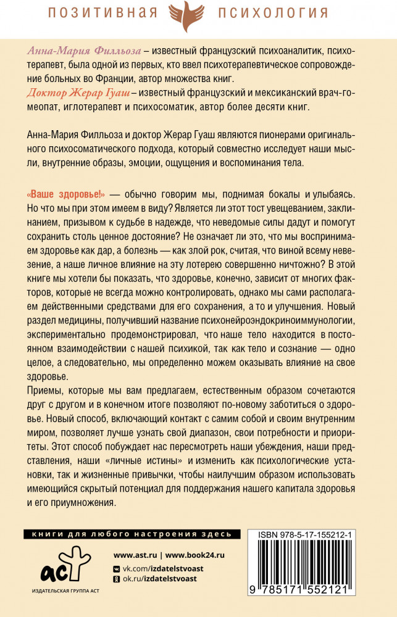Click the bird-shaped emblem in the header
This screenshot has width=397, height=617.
[x=198, y=16]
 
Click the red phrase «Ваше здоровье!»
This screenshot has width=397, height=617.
[x=62, y=194]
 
